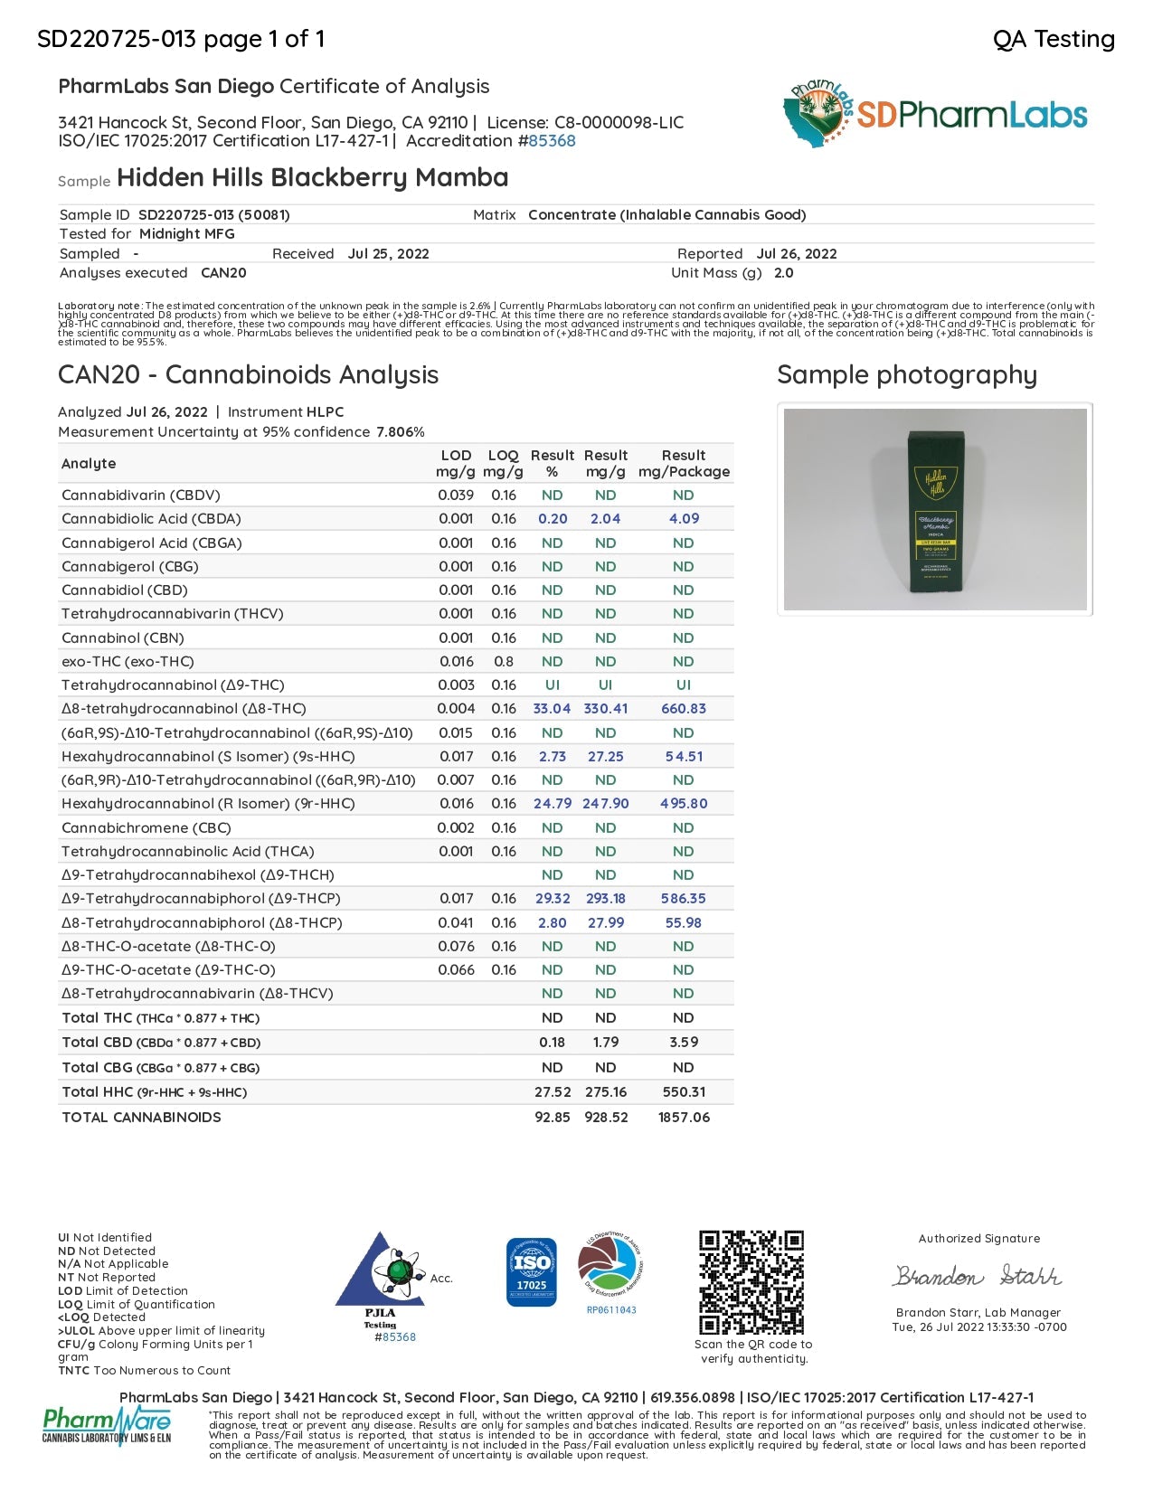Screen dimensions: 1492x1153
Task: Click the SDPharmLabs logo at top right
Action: (x=935, y=114)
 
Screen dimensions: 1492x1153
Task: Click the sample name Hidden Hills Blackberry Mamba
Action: (x=312, y=177)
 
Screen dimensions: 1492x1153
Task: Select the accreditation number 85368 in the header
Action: (x=552, y=141)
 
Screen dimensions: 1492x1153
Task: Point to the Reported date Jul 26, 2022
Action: (x=796, y=254)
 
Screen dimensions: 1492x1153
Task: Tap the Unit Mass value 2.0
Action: (x=783, y=273)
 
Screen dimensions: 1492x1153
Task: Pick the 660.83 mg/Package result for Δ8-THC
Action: (x=683, y=709)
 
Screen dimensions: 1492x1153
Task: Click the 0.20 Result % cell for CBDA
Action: (x=552, y=519)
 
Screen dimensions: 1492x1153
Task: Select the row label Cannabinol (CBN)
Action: (x=122, y=637)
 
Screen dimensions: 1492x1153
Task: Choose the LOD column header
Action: (x=456, y=456)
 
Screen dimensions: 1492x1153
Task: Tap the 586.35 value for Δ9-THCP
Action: (x=683, y=899)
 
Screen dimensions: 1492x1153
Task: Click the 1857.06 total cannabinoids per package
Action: (x=684, y=1118)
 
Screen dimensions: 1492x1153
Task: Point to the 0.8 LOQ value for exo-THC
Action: (x=504, y=662)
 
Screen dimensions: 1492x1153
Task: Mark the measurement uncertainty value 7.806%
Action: (x=401, y=432)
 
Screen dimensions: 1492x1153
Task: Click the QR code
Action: (x=751, y=1281)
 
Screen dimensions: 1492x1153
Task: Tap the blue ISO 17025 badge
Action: (x=532, y=1272)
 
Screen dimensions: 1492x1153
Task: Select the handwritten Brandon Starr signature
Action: (x=978, y=1276)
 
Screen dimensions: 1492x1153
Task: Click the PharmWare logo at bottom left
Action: (x=107, y=1426)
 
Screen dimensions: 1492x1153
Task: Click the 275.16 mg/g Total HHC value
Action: (x=605, y=1092)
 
